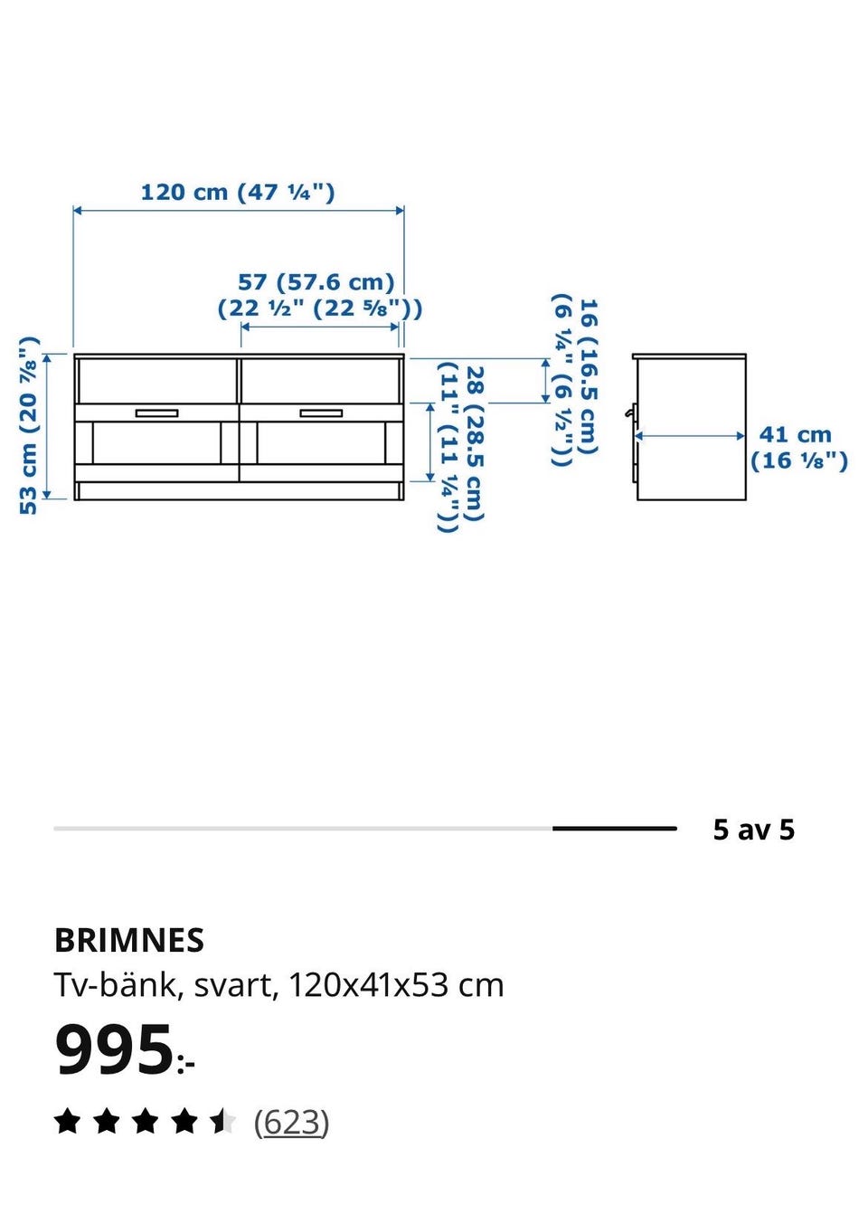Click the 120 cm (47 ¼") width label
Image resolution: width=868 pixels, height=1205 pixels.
coord(237,192)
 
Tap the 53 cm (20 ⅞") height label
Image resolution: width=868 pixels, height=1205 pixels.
coord(29,425)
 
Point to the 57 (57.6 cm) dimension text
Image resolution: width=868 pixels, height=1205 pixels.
coord(316,282)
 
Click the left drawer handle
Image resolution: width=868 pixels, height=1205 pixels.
coord(156,413)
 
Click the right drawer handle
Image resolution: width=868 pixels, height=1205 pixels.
coord(321,413)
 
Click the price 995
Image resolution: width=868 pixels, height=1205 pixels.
coord(113,1050)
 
